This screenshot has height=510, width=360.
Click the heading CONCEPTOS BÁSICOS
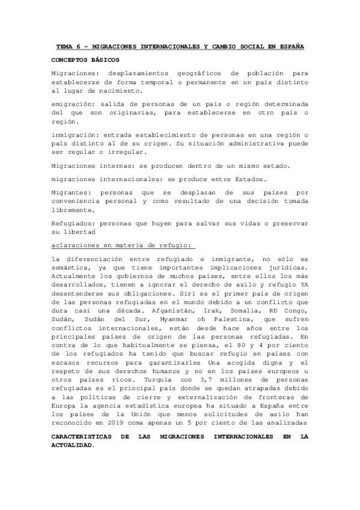click(85, 60)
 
